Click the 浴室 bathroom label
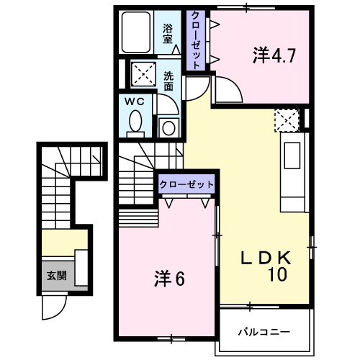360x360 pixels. point(168,34)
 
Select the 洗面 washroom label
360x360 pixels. point(168,80)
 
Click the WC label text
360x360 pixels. point(136,102)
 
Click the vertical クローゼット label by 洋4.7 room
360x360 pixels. point(194,40)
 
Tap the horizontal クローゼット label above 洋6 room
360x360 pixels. point(186,184)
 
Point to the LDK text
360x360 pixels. point(264,257)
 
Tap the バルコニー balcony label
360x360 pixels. point(264,332)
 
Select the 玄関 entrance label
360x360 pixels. point(56,275)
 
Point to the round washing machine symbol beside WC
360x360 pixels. point(168,128)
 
